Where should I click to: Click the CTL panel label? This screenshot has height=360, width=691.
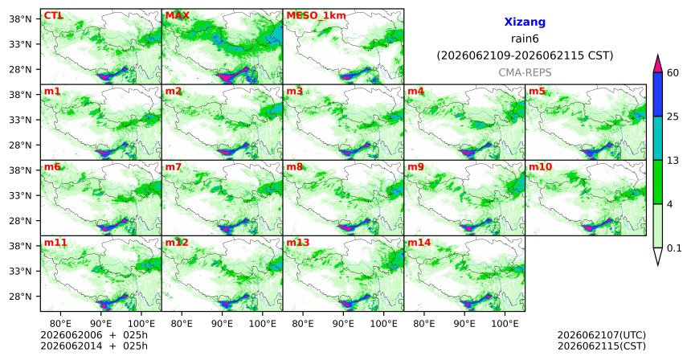coord(54,16)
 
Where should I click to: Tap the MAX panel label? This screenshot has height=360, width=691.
coord(177,16)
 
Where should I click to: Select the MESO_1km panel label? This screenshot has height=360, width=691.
coord(316,16)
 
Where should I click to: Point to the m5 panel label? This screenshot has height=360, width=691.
coord(537,92)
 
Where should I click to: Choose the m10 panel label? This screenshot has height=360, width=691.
coord(540,167)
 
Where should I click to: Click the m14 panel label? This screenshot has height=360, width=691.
coord(419,243)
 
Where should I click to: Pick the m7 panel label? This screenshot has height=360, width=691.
coord(174,167)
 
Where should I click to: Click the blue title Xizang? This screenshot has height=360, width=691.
coord(525,22)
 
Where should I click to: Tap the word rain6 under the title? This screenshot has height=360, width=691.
coord(525,39)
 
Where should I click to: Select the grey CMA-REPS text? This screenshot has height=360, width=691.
coord(525,72)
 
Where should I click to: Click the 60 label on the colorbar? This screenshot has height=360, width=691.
coord(673,73)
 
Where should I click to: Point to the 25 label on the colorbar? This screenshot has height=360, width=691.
coord(673,117)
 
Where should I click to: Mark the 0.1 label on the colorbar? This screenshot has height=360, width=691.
coord(674,248)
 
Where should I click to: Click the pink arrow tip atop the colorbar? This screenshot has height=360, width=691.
coord(658,55)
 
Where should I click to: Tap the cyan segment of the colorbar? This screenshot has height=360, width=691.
coord(658,138)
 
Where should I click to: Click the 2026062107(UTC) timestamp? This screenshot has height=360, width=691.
coord(602,336)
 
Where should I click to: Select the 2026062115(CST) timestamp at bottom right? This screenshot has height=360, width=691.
coord(602,346)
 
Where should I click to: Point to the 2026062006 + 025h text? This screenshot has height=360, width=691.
coord(94,336)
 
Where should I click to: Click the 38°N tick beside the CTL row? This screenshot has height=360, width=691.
coord(20,19)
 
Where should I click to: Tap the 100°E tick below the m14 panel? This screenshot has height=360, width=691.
coord(505,325)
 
